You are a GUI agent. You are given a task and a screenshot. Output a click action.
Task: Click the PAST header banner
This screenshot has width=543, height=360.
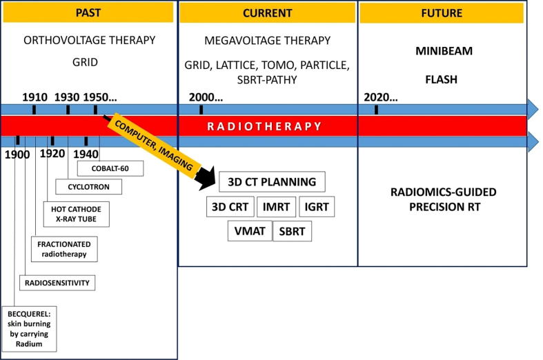[x=88, y=13]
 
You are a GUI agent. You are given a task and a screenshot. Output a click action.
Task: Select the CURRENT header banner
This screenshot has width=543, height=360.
[x=267, y=13]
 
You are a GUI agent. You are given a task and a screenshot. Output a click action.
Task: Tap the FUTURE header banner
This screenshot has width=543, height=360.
[x=442, y=13]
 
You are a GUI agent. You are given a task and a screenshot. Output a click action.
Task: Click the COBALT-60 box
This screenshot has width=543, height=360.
[x=110, y=168]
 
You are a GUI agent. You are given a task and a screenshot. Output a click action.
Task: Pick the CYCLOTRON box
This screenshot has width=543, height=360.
[x=88, y=187]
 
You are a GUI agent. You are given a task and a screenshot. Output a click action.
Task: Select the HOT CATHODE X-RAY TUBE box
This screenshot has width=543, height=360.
[x=76, y=214]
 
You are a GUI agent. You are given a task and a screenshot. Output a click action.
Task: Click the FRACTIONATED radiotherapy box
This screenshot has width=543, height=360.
[x=64, y=249]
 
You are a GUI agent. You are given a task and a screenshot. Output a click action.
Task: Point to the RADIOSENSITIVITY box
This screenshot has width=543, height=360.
[x=57, y=283]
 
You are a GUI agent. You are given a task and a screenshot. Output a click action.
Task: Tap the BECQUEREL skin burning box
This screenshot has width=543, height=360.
[x=29, y=329]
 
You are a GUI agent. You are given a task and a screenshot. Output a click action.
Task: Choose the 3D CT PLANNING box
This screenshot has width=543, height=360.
[x=272, y=182]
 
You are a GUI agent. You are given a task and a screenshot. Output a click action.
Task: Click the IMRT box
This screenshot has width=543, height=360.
[x=277, y=207]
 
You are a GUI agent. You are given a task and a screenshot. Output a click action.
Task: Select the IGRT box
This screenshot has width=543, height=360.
[x=317, y=207]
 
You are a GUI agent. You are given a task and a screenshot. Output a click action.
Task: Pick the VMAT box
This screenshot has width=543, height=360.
[x=250, y=231]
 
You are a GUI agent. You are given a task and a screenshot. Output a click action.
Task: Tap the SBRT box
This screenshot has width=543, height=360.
[x=292, y=231]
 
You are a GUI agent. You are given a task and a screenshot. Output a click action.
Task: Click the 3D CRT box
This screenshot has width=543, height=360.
[x=230, y=207]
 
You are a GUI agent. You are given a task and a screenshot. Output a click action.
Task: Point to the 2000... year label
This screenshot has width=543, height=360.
[x=206, y=97]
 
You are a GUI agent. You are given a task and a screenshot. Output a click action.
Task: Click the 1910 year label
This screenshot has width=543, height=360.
[x=35, y=97]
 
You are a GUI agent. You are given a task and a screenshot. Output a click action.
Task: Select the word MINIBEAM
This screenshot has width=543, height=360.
[x=444, y=51]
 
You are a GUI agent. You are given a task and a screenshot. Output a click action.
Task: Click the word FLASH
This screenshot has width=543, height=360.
[x=441, y=79]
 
